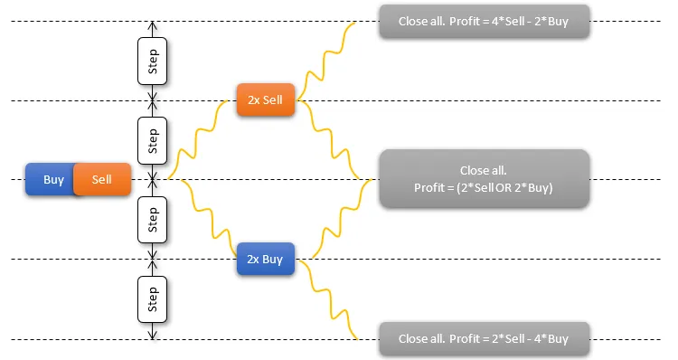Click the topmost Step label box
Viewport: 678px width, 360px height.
coord(152,60)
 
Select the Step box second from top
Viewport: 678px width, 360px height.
coord(152,139)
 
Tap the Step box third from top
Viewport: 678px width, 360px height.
coord(152,219)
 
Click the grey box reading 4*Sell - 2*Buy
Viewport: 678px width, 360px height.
coord(484,21)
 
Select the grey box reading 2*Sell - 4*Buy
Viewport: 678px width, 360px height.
coord(484,339)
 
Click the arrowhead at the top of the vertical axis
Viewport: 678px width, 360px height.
coord(152,24)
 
